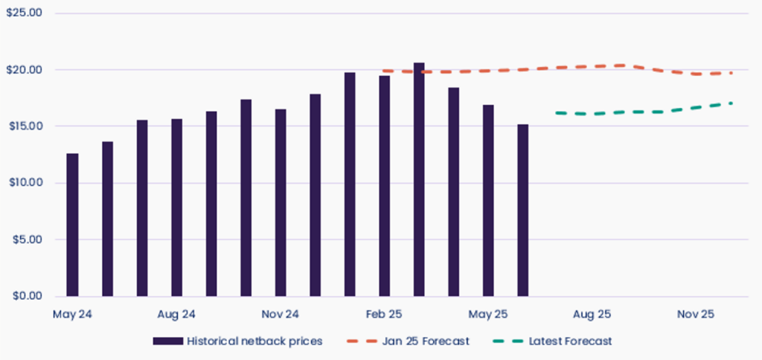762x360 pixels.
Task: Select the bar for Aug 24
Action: click(176, 208)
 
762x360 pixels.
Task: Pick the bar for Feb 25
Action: click(384, 186)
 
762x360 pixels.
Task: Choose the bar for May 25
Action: click(488, 200)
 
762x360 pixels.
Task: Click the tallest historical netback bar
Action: click(419, 179)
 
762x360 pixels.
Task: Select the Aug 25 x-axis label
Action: click(592, 315)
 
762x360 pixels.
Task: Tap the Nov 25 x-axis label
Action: click(696, 315)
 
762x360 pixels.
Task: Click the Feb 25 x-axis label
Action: click(384, 315)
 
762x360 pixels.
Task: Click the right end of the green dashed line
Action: click(731, 103)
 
